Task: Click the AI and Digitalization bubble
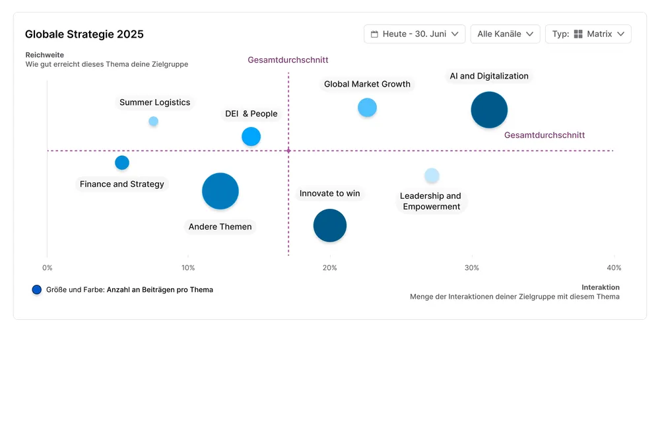pos(489,110)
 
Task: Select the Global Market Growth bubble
pos(367,108)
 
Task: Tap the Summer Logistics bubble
pos(153,121)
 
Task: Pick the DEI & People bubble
pos(251,137)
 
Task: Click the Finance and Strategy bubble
pos(122,163)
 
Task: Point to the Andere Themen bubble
pos(220,191)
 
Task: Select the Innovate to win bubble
pos(329,225)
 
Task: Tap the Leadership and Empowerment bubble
pos(432,176)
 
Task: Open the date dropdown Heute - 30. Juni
pos(414,34)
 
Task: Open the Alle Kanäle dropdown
pos(505,34)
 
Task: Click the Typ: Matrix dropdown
pos(588,34)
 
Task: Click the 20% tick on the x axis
pos(329,268)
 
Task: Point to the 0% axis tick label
pos(47,268)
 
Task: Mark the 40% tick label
pos(614,268)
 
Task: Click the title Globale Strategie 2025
pos(84,34)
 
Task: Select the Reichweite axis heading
pos(44,55)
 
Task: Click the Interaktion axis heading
pos(600,287)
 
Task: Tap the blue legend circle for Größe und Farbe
pos(37,289)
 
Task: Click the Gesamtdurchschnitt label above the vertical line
pos(288,60)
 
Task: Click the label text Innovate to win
pos(329,194)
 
